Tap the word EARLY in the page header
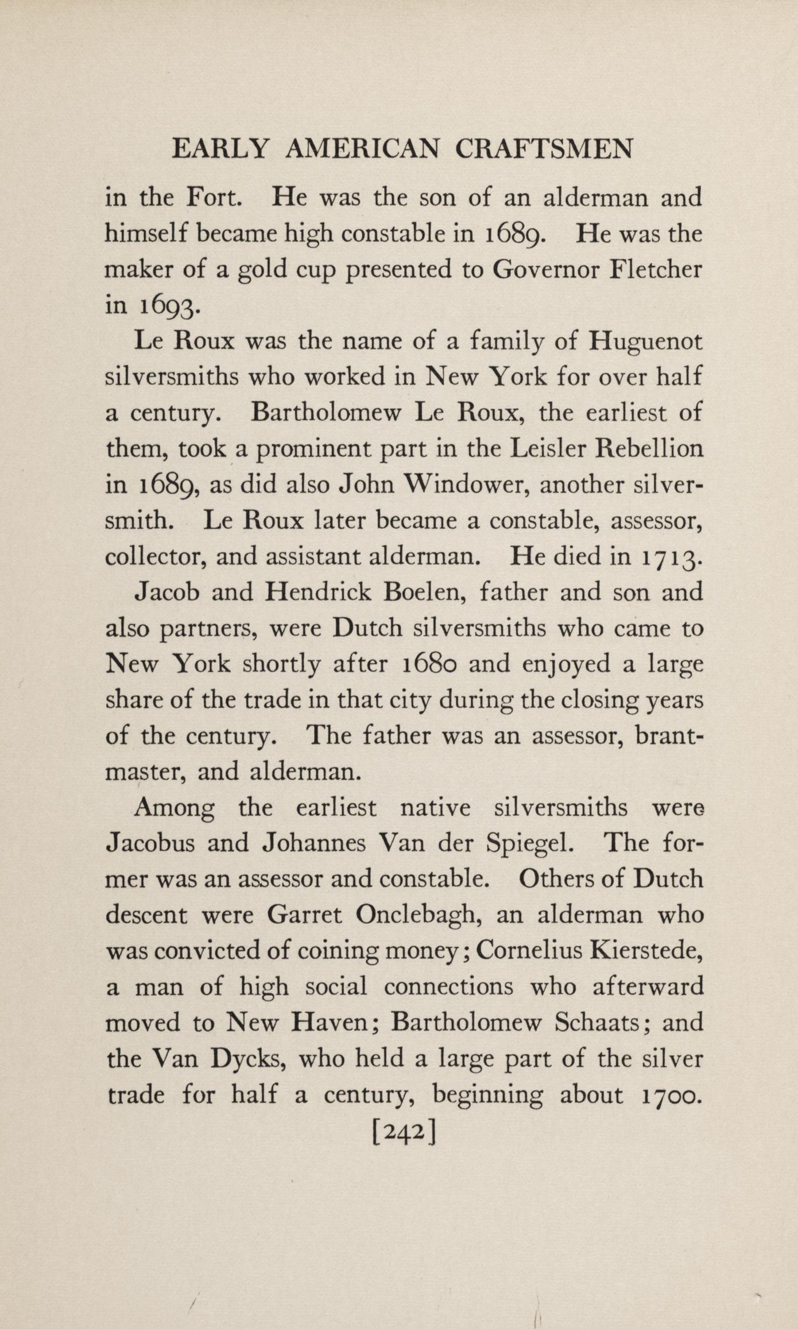[x=220, y=150]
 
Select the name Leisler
[x=548, y=448]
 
